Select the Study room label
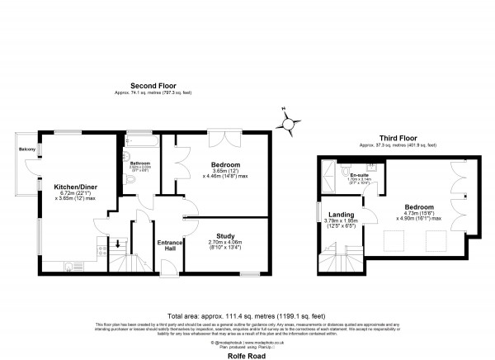(224, 235)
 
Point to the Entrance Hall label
(169, 245)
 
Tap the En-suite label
(358, 175)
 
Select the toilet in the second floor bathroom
(126, 157)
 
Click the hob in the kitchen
(101, 244)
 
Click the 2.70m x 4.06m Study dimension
(224, 244)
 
